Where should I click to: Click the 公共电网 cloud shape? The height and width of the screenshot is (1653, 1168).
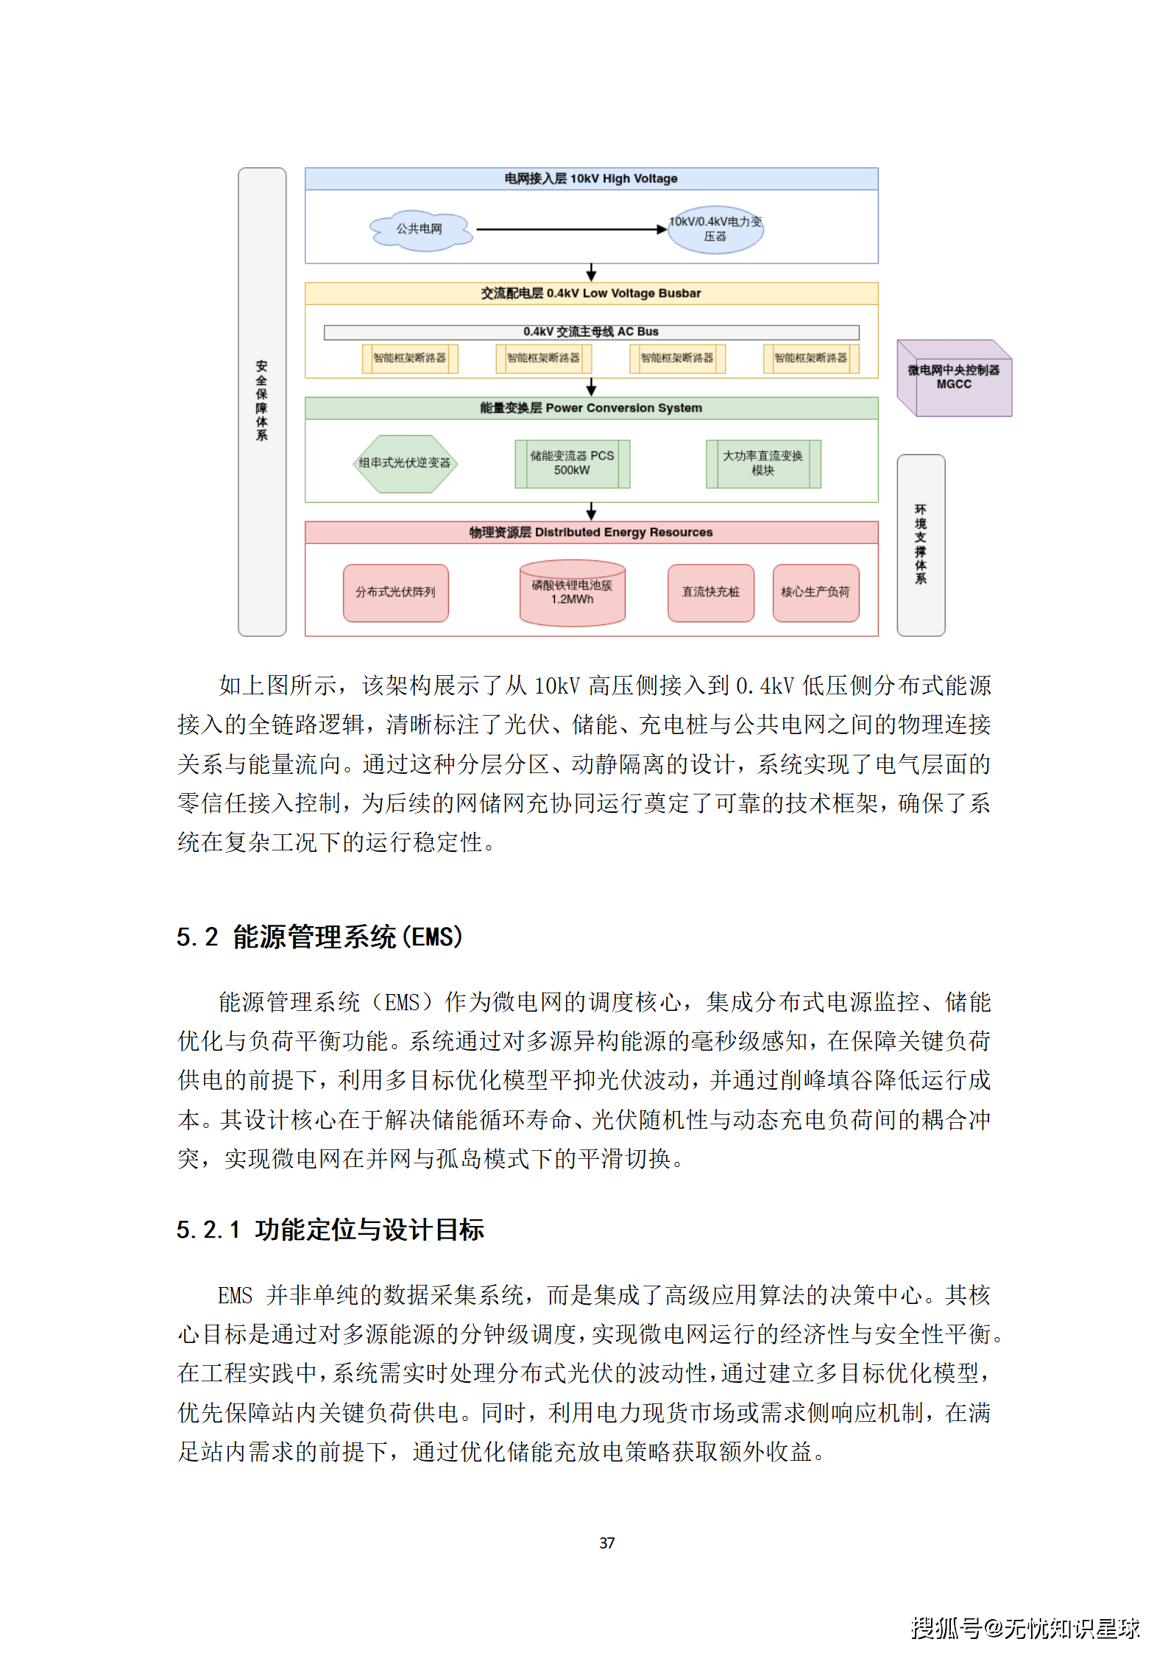(x=420, y=230)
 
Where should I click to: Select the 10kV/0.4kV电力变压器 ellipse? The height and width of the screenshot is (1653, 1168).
(x=715, y=230)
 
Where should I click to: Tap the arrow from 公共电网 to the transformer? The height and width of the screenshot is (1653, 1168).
(x=570, y=230)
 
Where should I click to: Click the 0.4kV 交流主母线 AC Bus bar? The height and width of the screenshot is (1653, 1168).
(x=591, y=332)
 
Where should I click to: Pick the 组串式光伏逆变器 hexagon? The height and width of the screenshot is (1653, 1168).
(x=405, y=463)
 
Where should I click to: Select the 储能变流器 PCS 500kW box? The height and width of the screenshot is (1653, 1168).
(x=572, y=464)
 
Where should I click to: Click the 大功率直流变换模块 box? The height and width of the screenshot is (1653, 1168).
(x=763, y=464)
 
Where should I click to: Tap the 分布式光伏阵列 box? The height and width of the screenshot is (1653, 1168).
(x=395, y=593)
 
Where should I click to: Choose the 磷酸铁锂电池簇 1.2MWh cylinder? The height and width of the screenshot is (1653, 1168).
(x=572, y=593)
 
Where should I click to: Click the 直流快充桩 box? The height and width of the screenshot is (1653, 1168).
(x=710, y=593)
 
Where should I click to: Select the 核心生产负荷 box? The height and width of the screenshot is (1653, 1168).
(x=815, y=593)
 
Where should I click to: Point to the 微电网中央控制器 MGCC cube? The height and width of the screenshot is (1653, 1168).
(x=955, y=378)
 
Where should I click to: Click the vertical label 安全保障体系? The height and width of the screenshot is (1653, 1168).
(x=262, y=401)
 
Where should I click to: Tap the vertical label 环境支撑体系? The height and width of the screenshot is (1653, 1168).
(x=921, y=545)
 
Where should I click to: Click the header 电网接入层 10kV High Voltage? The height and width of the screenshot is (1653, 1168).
(x=591, y=179)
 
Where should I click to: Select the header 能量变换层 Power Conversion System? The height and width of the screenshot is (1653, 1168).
(x=591, y=409)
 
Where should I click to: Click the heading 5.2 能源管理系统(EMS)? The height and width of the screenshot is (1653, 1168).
(x=319, y=937)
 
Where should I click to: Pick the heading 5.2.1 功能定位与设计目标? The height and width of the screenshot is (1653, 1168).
(x=330, y=1230)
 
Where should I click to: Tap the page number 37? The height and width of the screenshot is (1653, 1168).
(x=606, y=1543)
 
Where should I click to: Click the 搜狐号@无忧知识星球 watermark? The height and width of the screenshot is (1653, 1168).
(x=1024, y=1628)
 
